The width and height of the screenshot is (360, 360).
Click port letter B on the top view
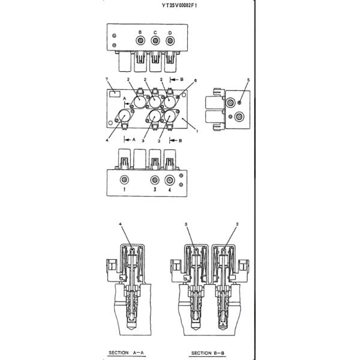pyautogui.click(x=140, y=32)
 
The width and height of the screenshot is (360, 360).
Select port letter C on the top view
pyautogui.click(x=155, y=32)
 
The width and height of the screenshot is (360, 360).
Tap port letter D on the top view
pyautogui.click(x=170, y=32)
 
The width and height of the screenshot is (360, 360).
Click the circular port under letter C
pyautogui.click(x=155, y=41)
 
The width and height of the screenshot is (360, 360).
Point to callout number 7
pyautogui.click(x=107, y=80)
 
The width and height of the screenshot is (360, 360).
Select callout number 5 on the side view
pyautogui.click(x=248, y=80)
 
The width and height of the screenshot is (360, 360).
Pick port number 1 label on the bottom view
pyautogui.click(x=124, y=190)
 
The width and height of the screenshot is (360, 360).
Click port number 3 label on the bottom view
pyautogui.click(x=154, y=190)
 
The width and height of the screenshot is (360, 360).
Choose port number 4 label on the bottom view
pyautogui.click(x=170, y=190)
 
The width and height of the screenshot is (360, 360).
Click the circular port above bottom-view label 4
pyautogui.click(x=170, y=180)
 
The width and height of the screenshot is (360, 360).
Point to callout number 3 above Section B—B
pyautogui.click(x=187, y=224)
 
